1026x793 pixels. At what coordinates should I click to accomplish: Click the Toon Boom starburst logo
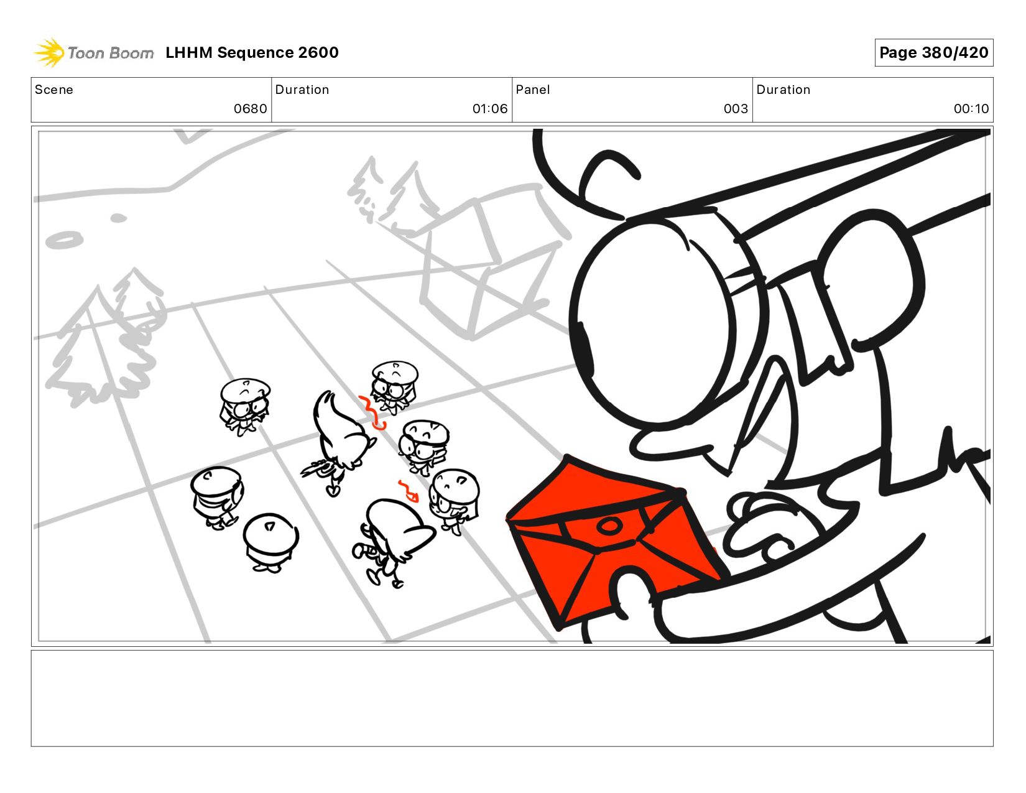point(49,52)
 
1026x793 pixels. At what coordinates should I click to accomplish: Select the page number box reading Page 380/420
point(933,52)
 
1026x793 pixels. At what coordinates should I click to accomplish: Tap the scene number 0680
point(250,109)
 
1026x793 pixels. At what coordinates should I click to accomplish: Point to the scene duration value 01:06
point(489,109)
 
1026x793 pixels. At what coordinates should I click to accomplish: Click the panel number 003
point(736,109)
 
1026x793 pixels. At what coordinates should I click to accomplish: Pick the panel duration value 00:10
point(971,109)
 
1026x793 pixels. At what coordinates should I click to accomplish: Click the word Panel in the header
point(533,90)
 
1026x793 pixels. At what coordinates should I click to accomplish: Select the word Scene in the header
point(54,90)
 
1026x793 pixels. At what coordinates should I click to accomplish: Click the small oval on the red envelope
point(609,525)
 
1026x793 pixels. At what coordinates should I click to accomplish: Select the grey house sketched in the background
point(491,264)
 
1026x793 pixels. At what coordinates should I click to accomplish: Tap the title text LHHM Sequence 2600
point(252,52)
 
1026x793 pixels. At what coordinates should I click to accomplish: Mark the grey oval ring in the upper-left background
point(64,241)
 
